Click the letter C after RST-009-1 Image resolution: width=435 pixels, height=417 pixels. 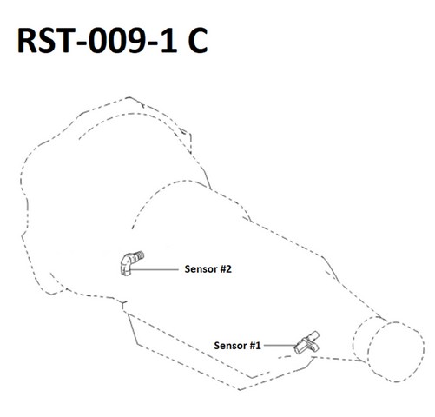point(198,40)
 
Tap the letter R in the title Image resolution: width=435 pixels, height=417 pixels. point(27,41)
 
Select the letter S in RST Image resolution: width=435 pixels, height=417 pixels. point(46,41)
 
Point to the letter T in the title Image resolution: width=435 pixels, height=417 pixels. point(63,41)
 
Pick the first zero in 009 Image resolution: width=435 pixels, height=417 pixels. point(97,41)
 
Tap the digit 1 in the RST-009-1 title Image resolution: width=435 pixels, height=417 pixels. point(168,41)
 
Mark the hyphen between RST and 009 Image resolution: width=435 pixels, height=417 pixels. point(80,43)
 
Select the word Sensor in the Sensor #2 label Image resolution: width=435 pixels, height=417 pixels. point(201,269)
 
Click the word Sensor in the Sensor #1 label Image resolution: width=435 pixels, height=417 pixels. point(230,346)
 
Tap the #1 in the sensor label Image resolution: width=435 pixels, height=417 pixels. point(255,346)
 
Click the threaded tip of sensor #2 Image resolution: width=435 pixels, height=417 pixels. point(140,255)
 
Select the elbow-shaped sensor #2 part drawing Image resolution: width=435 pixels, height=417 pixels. point(131,263)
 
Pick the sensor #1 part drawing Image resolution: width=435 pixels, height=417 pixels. point(306,343)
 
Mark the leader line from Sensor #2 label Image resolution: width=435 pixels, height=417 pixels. point(155,269)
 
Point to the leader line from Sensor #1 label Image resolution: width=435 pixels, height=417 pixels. point(280,346)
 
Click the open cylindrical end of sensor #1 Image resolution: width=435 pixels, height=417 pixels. point(298,349)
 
